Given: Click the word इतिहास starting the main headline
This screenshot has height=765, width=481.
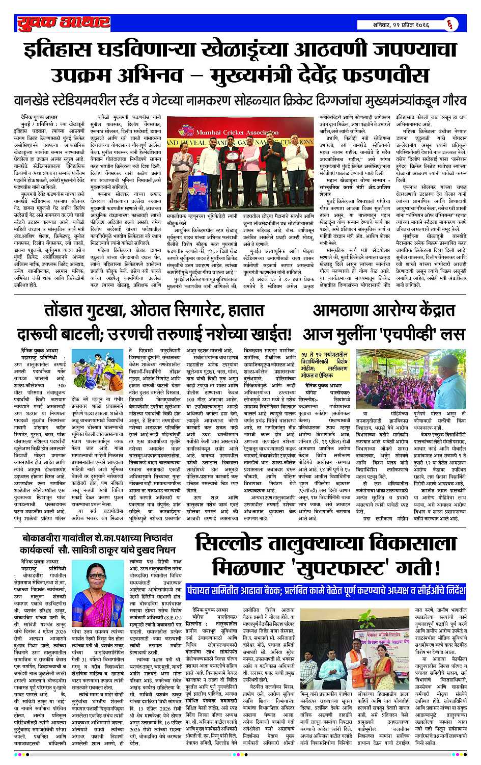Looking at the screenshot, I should (62, 51).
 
